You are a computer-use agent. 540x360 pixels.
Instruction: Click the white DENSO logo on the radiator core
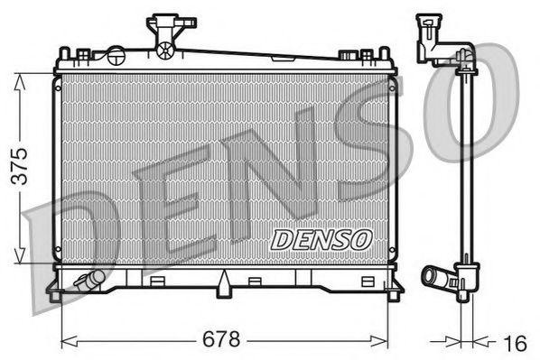click(x=320, y=239)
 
